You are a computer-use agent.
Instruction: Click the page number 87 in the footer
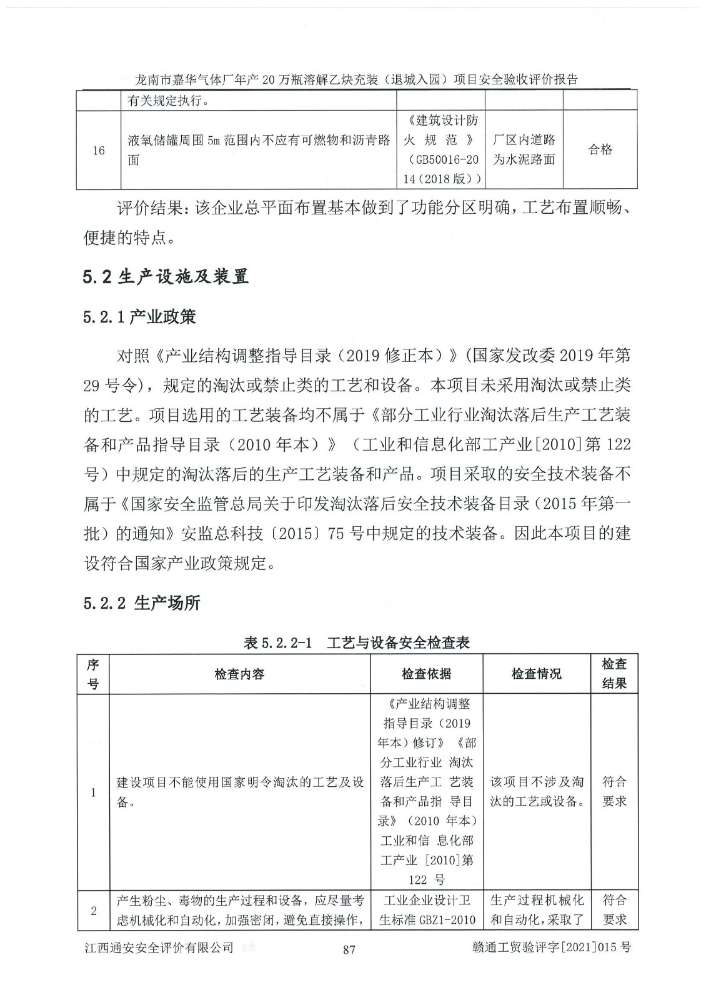click(349, 949)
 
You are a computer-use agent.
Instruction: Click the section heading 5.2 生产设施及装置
click(166, 276)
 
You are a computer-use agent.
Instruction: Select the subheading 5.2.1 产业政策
click(139, 317)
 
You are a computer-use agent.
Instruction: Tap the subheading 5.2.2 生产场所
click(142, 603)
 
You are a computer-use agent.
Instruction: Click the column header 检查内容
click(239, 674)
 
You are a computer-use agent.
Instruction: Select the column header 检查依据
click(426, 674)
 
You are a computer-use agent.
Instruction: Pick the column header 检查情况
click(536, 674)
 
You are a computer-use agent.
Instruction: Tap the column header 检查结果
click(614, 674)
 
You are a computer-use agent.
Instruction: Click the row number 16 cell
click(99, 150)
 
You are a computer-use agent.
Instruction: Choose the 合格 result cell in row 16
click(600, 150)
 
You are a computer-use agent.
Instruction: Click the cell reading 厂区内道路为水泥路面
click(524, 150)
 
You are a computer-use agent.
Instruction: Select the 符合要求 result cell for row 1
click(614, 791)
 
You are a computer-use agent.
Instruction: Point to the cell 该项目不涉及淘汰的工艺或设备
click(537, 791)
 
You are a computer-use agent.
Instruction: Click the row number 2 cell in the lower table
click(93, 910)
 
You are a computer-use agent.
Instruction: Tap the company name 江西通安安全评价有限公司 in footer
click(159, 948)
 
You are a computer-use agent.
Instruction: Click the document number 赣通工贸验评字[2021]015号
click(552, 948)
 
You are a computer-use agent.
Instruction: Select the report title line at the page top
click(356, 79)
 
